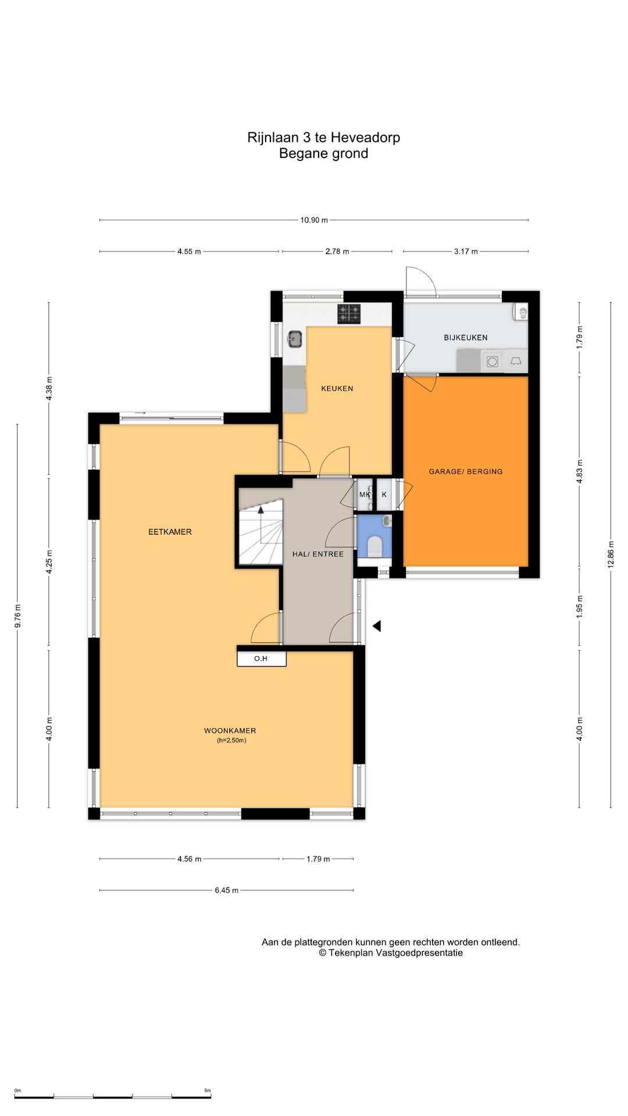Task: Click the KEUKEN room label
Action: (x=337, y=388)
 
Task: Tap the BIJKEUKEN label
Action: (x=466, y=337)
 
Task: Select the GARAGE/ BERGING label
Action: (x=466, y=471)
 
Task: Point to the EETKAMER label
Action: (x=170, y=531)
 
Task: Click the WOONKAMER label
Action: (x=230, y=731)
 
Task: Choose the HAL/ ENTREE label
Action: (x=318, y=554)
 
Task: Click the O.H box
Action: (x=262, y=659)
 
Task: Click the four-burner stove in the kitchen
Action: (x=349, y=314)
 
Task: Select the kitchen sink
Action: (x=295, y=339)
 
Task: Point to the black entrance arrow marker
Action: (x=376, y=626)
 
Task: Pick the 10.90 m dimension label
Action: (x=314, y=220)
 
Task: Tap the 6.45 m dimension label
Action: (x=227, y=890)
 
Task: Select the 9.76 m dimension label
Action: (x=17, y=616)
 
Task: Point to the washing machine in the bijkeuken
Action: (x=493, y=362)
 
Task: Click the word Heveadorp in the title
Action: (x=365, y=137)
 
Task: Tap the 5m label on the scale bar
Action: (x=208, y=1091)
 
